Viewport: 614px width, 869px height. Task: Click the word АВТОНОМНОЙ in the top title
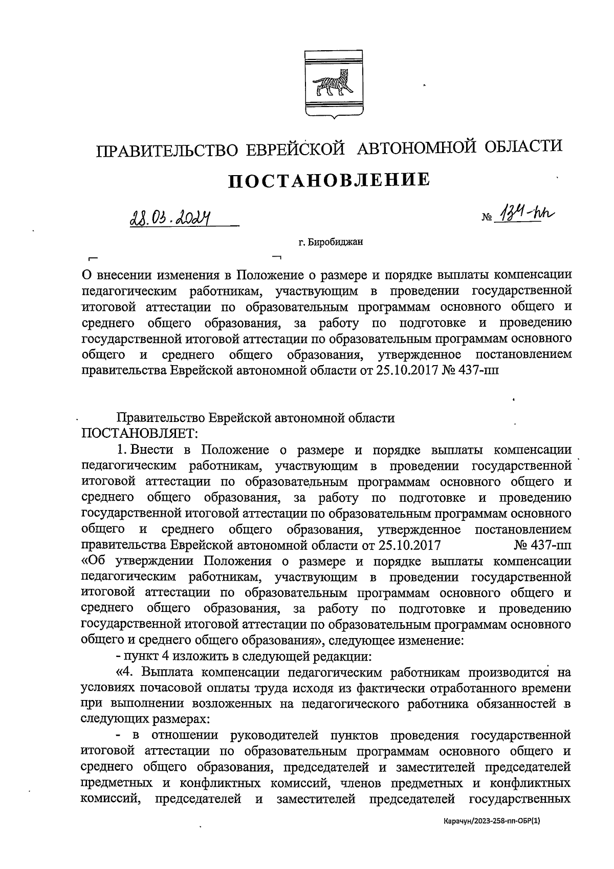pyautogui.click(x=416, y=148)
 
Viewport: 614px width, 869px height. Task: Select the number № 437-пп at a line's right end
pyautogui.click(x=542, y=545)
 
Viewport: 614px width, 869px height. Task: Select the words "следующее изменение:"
pyautogui.click(x=396, y=640)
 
